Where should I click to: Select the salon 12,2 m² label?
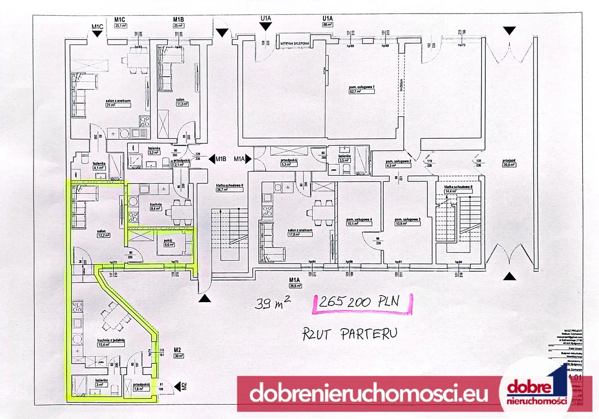click(x=102, y=233)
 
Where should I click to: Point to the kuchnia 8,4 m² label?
click(x=156, y=207)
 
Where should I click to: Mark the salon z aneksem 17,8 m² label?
click(x=300, y=232)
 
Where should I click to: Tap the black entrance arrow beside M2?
click(x=177, y=386)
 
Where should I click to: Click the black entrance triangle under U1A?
click(x=266, y=27)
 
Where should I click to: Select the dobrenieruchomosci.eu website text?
click(x=368, y=394)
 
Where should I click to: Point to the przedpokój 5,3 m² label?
click(x=286, y=162)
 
